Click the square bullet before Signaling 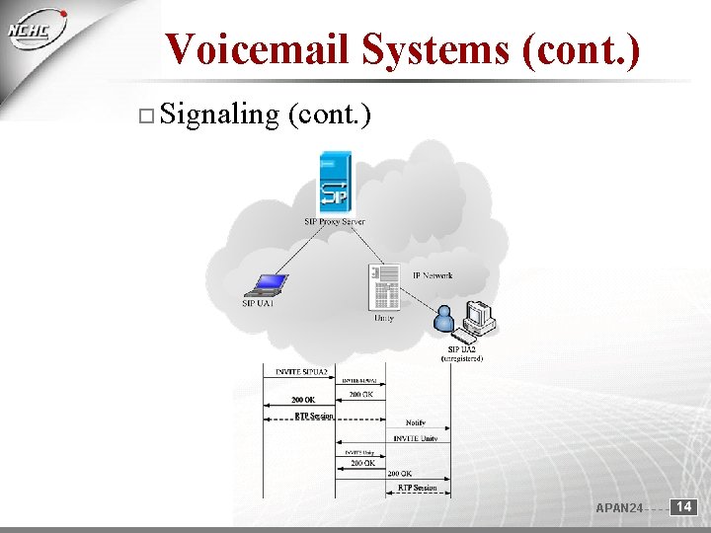coord(145,117)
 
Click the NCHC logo coord(34,35)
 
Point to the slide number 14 coord(684,507)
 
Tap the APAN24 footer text coord(619,508)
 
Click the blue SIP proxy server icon coord(335,184)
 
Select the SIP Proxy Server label coord(335,222)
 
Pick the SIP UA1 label coord(258,304)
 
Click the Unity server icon coord(383,286)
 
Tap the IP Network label coord(433,275)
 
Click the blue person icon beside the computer coord(444,319)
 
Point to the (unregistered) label coord(462,359)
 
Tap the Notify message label coord(416,422)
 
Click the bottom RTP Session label coord(418,488)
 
